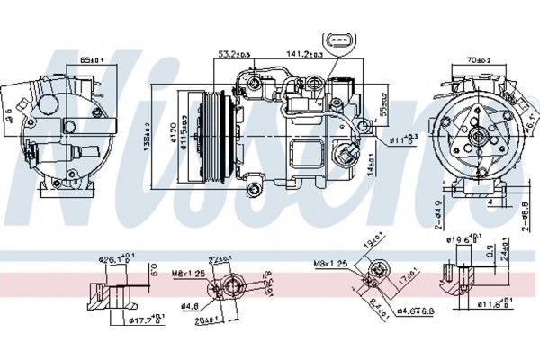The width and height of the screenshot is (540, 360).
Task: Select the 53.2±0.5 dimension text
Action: click(x=236, y=55)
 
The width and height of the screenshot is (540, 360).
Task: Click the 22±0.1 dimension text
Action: click(x=220, y=261)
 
